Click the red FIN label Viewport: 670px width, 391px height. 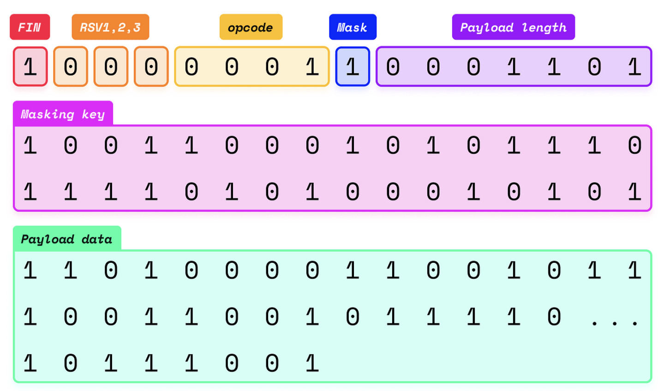pos(30,27)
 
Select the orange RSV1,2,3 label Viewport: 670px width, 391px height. pos(110,27)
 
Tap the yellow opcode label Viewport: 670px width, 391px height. pos(251,27)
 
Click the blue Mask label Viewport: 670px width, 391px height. pos(353,27)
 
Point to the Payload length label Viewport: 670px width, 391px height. pos(513,27)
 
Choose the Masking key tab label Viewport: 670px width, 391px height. pos(63,114)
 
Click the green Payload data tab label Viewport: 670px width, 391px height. pos(67,239)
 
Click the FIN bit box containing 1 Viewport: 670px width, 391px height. pos(30,67)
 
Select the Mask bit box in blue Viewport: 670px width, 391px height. pos(353,67)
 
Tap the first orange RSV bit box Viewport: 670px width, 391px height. pos(71,67)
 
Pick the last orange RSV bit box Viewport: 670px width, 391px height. pos(151,67)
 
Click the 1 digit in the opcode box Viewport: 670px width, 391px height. pos(312,67)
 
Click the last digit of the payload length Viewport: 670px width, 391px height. pos(634,67)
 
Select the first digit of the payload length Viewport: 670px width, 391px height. pos(393,67)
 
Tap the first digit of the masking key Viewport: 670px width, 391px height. pos(30,146)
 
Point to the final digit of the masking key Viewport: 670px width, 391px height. pos(634,192)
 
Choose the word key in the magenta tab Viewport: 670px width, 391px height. pos(93,114)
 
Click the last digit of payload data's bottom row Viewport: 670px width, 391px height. pos(312,363)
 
